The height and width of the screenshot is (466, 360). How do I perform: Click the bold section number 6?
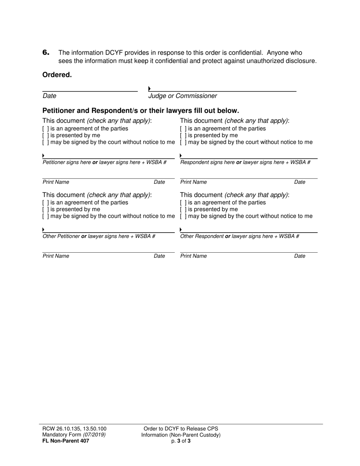click(46, 53)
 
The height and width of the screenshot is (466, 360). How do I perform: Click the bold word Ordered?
click(57, 75)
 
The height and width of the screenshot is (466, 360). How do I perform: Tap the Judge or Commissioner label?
click(183, 96)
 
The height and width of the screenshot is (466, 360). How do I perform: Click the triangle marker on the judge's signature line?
click(150, 89)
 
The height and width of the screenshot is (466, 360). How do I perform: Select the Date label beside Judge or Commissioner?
click(49, 96)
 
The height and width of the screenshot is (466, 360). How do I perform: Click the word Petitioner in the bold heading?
click(61, 111)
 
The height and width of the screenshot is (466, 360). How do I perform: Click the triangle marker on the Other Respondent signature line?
click(181, 230)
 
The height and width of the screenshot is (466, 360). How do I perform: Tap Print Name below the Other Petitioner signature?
click(56, 256)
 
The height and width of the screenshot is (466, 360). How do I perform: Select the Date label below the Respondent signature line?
click(299, 182)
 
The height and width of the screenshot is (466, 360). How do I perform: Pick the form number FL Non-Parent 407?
click(66, 441)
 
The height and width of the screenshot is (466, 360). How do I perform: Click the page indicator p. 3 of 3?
click(181, 441)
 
